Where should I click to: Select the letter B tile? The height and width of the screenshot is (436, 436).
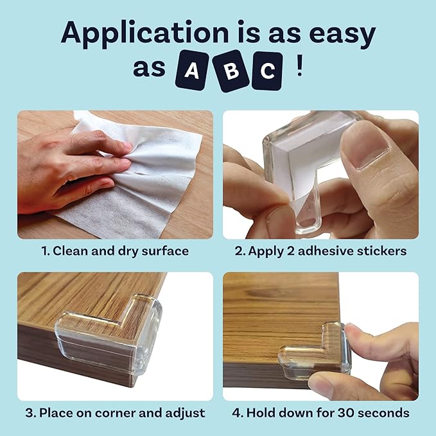click(229, 71)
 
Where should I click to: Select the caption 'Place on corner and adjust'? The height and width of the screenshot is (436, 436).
click(122, 412)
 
